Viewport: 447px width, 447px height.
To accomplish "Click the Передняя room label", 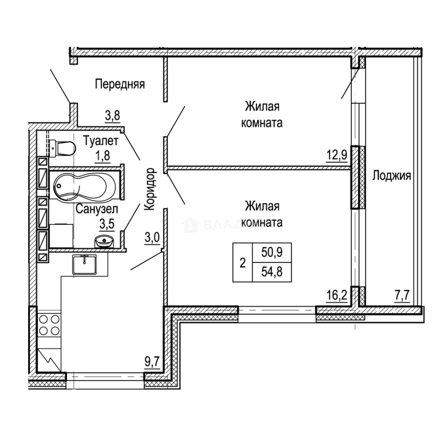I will [x=120, y=84].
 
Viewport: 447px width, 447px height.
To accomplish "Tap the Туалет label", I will [x=101, y=141].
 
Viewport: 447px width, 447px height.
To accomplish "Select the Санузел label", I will [x=97, y=209].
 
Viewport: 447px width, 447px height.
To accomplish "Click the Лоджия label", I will [x=392, y=175].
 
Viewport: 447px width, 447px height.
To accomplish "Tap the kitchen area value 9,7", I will [x=152, y=362].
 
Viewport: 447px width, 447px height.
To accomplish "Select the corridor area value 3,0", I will [x=152, y=238].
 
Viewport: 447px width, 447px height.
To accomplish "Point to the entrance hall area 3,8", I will [x=112, y=115].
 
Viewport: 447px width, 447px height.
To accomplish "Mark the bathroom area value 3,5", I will [x=107, y=224].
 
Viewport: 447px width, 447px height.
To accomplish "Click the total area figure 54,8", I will [x=272, y=272].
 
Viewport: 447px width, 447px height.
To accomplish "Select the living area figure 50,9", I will [x=272, y=252].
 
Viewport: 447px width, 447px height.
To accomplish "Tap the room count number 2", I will [x=243, y=262].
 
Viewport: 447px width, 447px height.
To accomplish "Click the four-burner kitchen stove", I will [x=49, y=325].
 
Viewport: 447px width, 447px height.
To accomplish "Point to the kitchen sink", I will [x=84, y=264].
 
